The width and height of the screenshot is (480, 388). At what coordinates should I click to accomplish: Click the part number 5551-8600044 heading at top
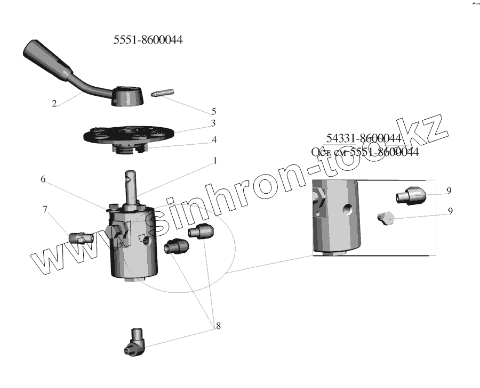click(148, 40)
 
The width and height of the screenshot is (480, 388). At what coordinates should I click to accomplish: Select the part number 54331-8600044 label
click(363, 139)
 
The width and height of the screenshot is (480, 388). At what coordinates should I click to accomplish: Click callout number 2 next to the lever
click(54, 104)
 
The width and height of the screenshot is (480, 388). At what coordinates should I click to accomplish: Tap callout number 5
click(214, 112)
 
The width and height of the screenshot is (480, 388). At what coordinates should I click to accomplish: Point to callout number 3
click(213, 123)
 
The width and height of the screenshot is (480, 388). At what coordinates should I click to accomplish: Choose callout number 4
click(214, 139)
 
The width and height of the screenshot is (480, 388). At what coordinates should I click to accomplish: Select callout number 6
click(43, 180)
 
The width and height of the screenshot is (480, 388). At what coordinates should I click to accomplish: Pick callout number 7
click(45, 210)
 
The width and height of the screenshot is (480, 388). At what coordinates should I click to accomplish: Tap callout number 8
click(218, 326)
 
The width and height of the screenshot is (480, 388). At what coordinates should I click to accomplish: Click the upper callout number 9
click(449, 191)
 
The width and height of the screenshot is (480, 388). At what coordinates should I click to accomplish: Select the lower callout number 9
click(450, 211)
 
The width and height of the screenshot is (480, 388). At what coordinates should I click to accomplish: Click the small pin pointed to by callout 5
click(159, 94)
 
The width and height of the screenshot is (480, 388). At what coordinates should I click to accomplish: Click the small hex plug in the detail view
click(385, 217)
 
